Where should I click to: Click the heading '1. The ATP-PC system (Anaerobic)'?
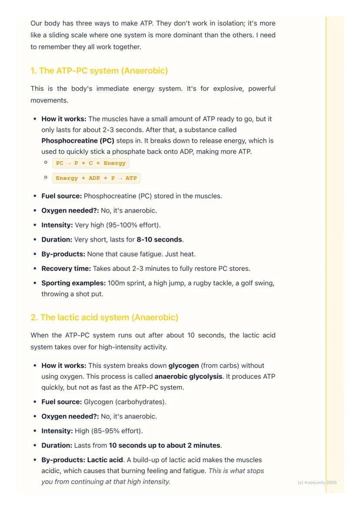coord(99,71)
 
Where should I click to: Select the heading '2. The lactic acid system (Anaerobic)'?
coord(104,318)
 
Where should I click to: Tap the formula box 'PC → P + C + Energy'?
coord(91,163)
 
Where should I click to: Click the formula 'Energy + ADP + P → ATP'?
coord(96,178)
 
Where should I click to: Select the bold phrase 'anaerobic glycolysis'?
coord(188,376)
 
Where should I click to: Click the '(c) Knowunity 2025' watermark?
coord(317,482)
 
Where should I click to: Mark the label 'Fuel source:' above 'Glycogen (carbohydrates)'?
coord(61,402)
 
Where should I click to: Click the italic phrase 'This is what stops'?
coord(236,471)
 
